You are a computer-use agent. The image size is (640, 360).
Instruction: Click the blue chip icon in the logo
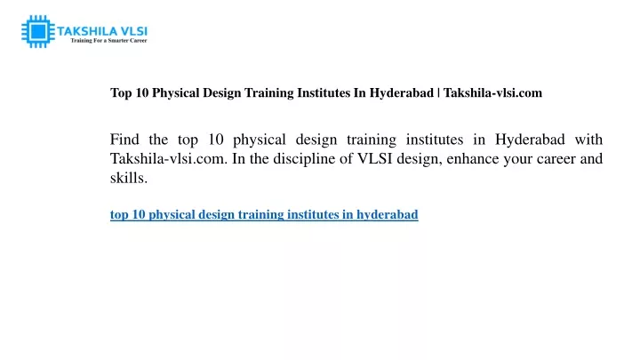coord(38,31)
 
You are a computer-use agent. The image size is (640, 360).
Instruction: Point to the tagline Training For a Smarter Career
coord(108,40)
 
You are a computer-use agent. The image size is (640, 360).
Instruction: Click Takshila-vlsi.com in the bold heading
coord(492,92)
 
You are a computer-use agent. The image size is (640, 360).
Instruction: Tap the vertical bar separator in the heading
coord(438,93)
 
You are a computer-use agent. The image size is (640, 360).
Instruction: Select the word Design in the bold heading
coord(222,93)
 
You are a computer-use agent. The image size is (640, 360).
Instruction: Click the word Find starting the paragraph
coord(124,140)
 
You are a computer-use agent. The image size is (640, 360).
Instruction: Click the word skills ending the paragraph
coord(129,178)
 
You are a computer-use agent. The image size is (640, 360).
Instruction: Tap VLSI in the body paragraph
coord(375,158)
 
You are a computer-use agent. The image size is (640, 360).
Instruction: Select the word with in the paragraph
coord(588,140)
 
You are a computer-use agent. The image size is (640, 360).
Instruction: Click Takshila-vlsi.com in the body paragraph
coord(169,158)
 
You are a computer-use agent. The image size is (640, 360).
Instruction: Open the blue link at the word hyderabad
coord(388,215)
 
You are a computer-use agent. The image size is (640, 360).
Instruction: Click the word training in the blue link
coord(260,215)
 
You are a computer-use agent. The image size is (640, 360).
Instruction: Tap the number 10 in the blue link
coord(139,215)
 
